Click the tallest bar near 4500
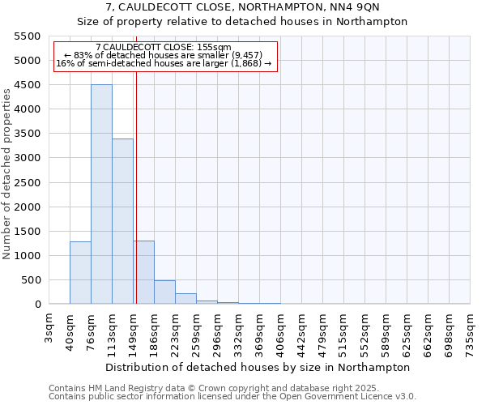pyautogui.click(x=101, y=194)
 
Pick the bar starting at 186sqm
pyautogui.click(x=164, y=292)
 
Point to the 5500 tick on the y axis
pyautogui.click(x=28, y=36)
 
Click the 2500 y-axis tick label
pyautogui.click(x=28, y=182)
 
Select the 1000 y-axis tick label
pyautogui.click(x=28, y=256)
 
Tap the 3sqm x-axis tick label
pyautogui.click(x=49, y=326)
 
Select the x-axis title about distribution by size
pyautogui.click(x=259, y=367)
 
